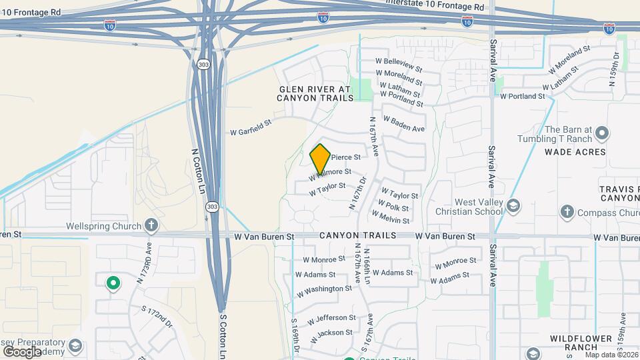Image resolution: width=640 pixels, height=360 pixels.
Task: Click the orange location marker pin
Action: point(320,159)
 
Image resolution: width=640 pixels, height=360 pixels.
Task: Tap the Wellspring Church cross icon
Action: point(152,225)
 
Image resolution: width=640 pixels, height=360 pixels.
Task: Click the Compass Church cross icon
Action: point(567,213)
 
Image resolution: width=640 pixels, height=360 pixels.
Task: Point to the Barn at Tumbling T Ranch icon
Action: point(602,133)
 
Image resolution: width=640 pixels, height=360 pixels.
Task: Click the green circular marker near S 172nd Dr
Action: point(113,283)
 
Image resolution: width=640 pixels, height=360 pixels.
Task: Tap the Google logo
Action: point(22,351)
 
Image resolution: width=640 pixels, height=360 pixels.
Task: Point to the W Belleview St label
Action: point(399,64)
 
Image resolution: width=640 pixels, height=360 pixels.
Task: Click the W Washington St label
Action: point(325,290)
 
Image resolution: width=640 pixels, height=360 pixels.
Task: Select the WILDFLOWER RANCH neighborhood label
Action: point(581,343)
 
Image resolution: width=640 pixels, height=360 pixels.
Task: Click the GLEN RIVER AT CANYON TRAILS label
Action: point(315,93)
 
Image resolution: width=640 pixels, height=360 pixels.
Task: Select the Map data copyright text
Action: point(611,355)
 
